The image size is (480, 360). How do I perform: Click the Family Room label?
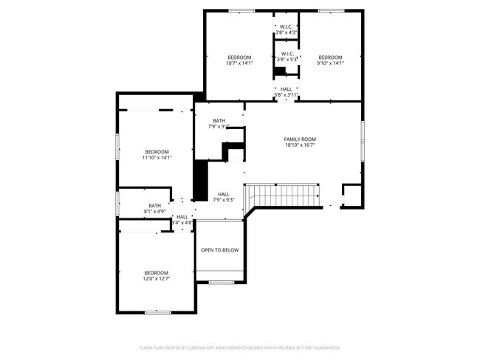pyautogui.click(x=300, y=139)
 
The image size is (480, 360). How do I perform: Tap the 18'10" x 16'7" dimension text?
pyautogui.click(x=300, y=146)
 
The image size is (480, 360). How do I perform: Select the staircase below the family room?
pyautogui.click(x=285, y=195)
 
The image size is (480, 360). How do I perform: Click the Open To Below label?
pyautogui.click(x=220, y=250)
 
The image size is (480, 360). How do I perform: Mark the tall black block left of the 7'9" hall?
pyautogui.click(x=199, y=180)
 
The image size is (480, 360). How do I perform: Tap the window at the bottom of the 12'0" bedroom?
pyautogui.click(x=157, y=313)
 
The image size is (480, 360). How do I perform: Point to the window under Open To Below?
pyautogui.click(x=220, y=283)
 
